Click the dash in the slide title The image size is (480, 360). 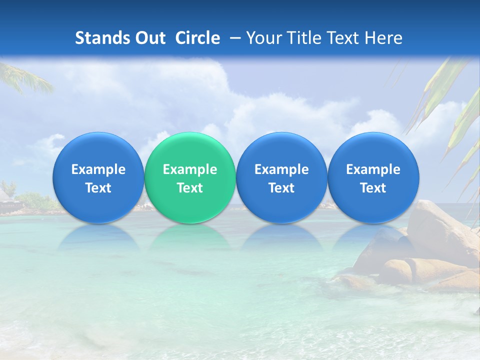tap(233, 38)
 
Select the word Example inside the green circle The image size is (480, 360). tap(189, 169)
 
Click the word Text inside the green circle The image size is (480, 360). tap(189, 188)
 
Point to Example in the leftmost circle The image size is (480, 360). tap(98, 169)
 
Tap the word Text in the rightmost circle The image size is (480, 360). tap(373, 188)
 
